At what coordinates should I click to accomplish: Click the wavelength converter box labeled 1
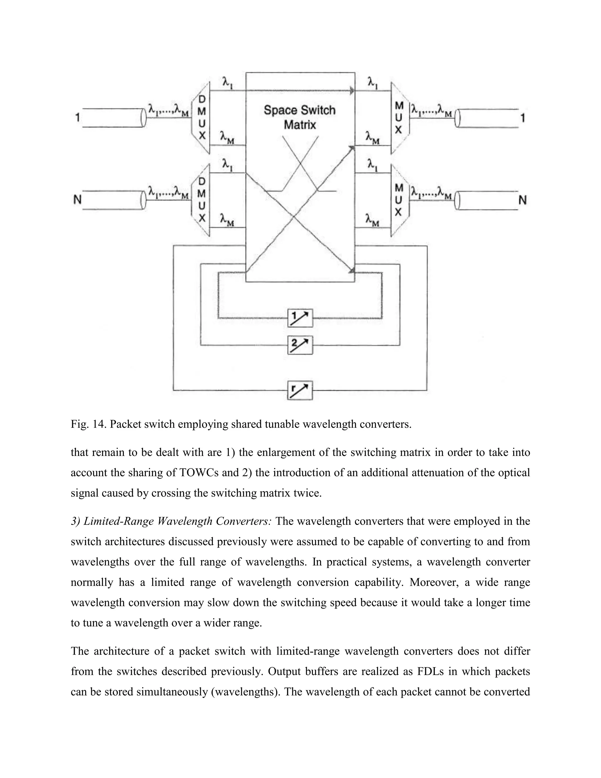point(300,318)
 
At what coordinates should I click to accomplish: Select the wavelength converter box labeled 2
point(300,345)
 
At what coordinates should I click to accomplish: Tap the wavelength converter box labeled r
point(300,390)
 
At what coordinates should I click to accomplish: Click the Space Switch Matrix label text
point(300,117)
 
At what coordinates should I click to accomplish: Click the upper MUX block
point(399,118)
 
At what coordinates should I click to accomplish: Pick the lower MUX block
point(399,200)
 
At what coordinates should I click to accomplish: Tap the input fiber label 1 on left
point(77,117)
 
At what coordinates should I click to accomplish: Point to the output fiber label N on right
point(522,200)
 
